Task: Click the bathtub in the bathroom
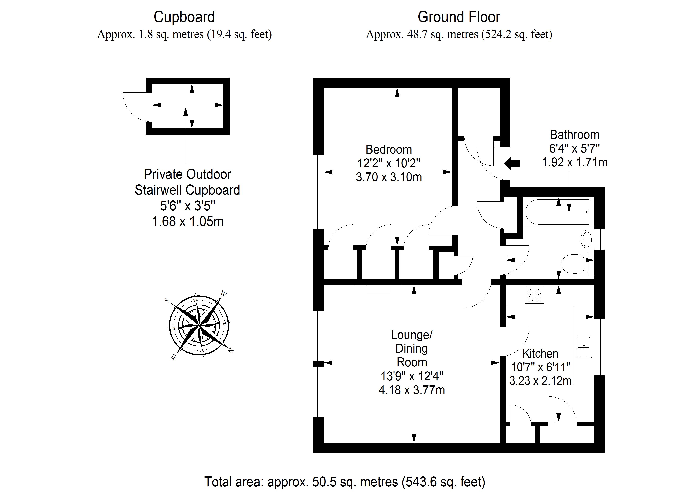coord(558,212)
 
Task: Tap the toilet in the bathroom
coord(573,264)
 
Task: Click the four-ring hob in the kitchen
coord(534,295)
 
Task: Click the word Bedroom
coord(389,149)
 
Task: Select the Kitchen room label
coord(540,353)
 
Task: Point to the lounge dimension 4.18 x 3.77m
coord(412,390)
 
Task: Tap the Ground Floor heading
coord(459,17)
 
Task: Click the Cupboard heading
coord(184,17)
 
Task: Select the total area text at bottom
coord(344,482)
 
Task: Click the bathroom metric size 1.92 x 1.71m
coord(575,162)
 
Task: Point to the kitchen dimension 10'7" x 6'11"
coord(540,367)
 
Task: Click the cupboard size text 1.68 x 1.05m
coord(188,221)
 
